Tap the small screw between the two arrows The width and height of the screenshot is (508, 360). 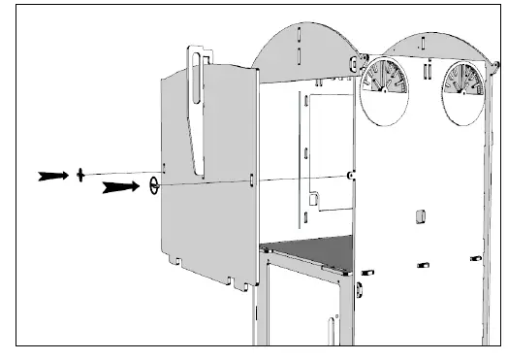click(x=81, y=176)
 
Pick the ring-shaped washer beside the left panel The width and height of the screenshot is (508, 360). click(x=154, y=184)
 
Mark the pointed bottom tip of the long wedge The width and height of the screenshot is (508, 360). click(x=206, y=177)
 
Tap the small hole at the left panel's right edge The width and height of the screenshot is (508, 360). click(x=252, y=180)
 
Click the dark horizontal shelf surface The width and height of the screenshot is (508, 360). click(x=310, y=252)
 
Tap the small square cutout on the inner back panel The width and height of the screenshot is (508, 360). click(x=312, y=199)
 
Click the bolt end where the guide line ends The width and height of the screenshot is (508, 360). click(x=350, y=175)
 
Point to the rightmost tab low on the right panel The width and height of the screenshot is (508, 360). click(x=474, y=257)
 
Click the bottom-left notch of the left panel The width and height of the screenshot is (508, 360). click(x=177, y=261)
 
